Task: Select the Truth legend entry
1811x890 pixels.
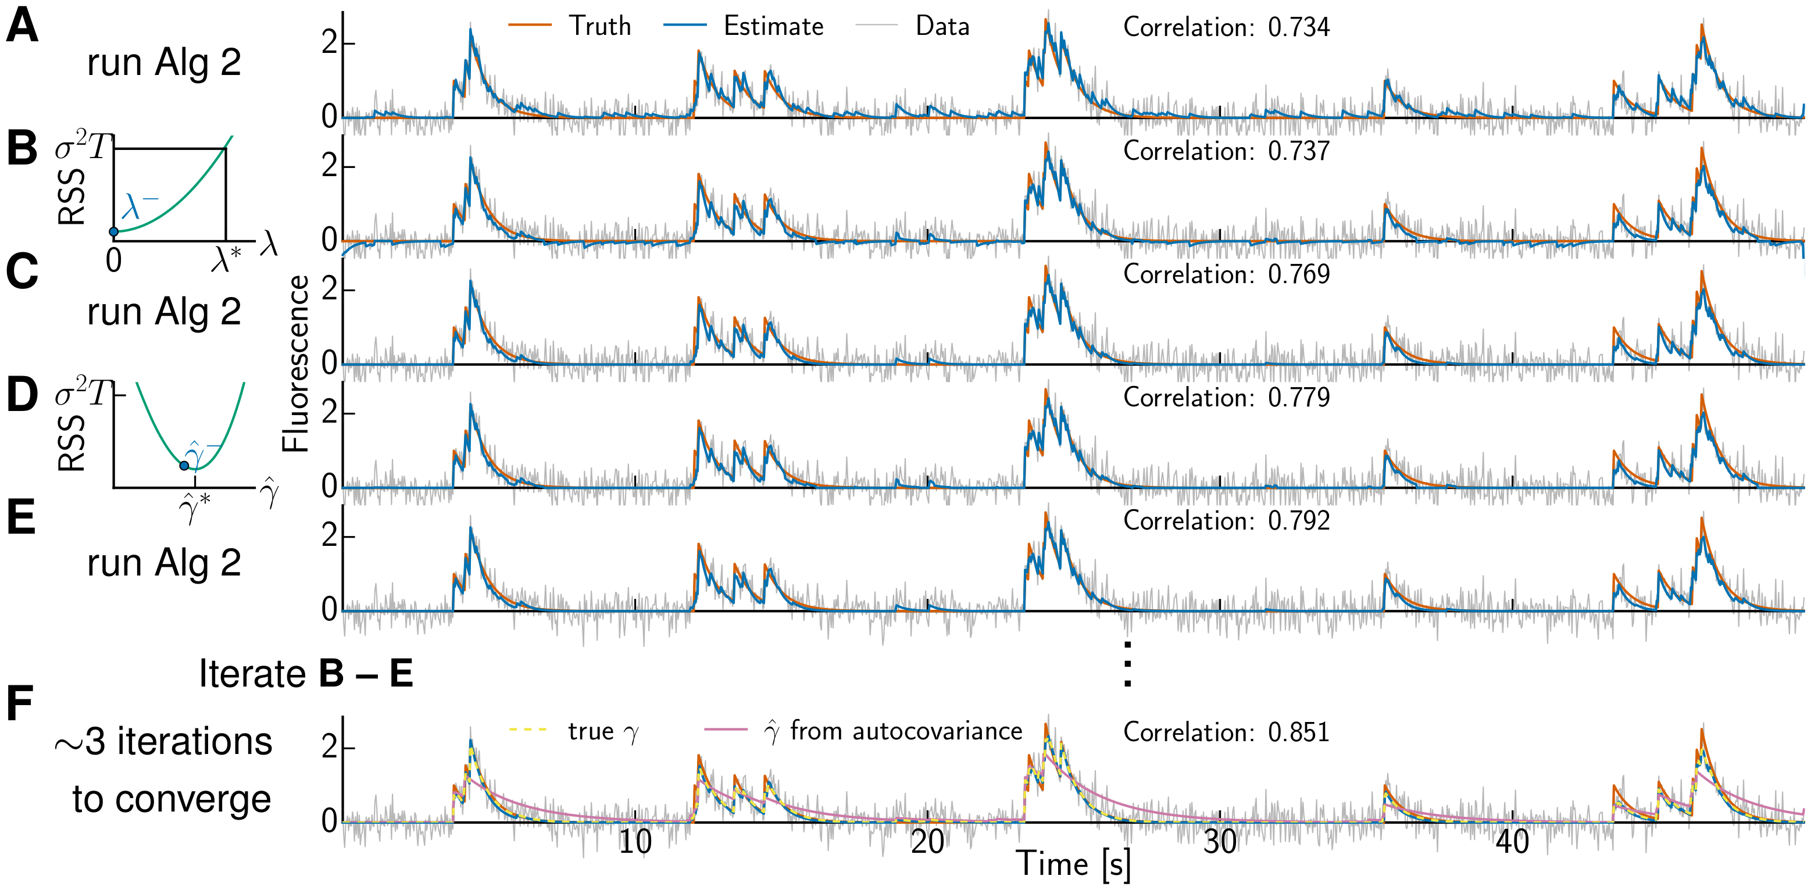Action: tap(599, 27)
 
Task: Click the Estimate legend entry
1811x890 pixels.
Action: tap(773, 27)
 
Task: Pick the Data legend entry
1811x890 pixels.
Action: tap(941, 27)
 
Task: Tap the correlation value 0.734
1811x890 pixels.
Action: tap(1298, 27)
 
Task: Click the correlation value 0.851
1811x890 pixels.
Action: tap(1298, 732)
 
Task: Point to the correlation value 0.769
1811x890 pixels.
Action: tap(1298, 274)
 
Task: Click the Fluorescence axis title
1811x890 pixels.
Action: tap(295, 363)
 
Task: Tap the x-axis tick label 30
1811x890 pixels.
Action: tap(1220, 842)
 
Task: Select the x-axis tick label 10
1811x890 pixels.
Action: tap(635, 842)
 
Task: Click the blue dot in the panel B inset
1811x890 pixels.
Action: tap(113, 231)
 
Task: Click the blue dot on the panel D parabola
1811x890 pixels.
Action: tap(184, 466)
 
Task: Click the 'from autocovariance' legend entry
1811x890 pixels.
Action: tap(906, 732)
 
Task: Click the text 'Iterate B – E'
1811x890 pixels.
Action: tap(305, 674)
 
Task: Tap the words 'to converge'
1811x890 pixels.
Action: tap(172, 799)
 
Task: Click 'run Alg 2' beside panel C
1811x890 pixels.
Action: tap(164, 312)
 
